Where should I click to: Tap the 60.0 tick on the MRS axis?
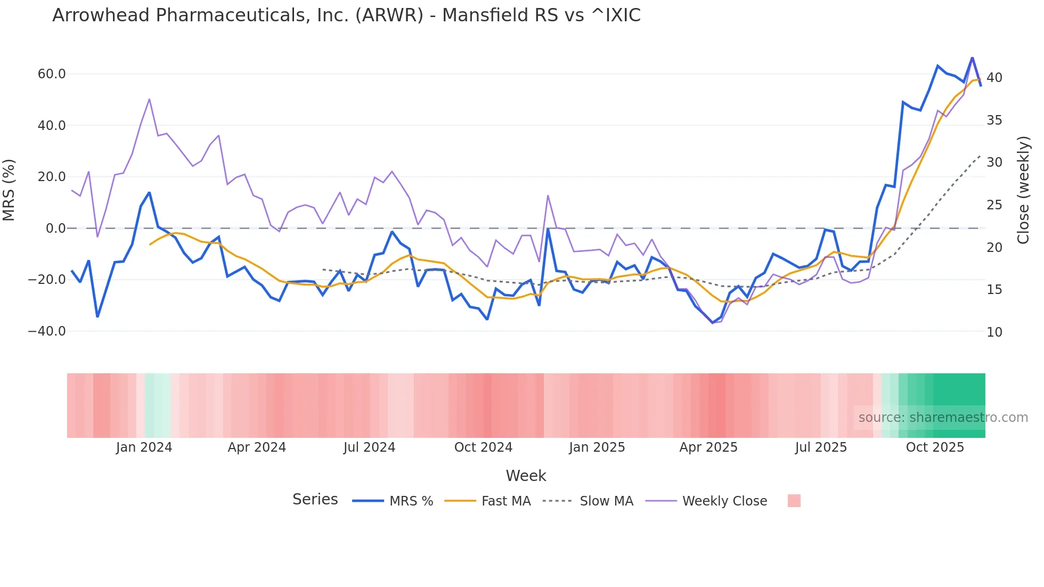coord(52,74)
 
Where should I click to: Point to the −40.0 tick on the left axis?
coord(47,331)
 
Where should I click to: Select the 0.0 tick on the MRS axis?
coord(56,229)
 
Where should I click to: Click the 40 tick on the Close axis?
coord(994,78)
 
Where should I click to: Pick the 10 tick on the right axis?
coord(994,332)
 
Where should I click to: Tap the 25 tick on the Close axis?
coord(994,205)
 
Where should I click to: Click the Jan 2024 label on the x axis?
coord(144,447)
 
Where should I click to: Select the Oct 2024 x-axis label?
coord(483,447)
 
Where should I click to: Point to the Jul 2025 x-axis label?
coord(821,447)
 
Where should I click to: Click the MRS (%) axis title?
coord(9,190)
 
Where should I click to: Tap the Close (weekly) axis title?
coord(1023,190)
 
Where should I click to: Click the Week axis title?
coord(526,476)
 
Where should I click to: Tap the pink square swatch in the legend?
coord(794,501)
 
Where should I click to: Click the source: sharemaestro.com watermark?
coord(943,418)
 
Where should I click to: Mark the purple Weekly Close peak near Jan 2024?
coord(149,99)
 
